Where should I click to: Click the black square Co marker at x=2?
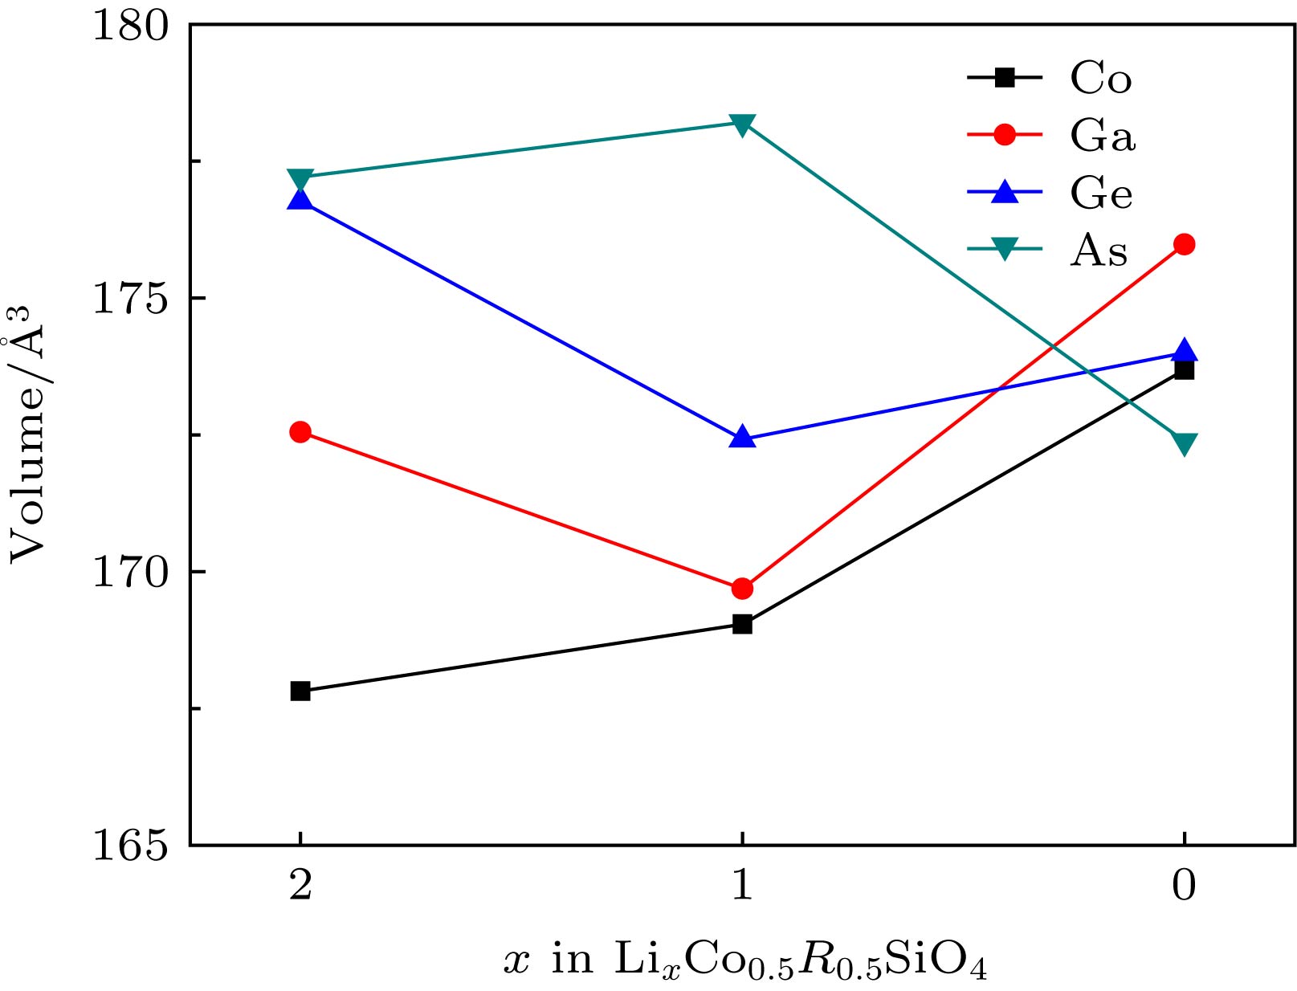(x=300, y=691)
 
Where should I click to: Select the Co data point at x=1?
(x=742, y=624)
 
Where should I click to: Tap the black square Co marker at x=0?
(x=1184, y=369)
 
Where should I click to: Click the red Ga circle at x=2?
(x=300, y=432)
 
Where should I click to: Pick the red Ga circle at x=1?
(x=742, y=589)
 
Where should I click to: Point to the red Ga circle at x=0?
(x=1184, y=244)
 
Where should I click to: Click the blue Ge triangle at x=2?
(x=300, y=199)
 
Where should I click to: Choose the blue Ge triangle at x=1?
(x=742, y=438)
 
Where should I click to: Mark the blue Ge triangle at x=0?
(x=1184, y=351)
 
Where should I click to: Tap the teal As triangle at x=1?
(x=742, y=124)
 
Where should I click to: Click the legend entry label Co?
(x=1100, y=79)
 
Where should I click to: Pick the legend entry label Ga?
(x=1102, y=136)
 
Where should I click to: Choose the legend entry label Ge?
(x=1100, y=194)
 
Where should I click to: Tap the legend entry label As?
(x=1098, y=251)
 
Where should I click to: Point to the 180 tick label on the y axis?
(x=131, y=26)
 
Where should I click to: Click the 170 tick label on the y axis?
(x=131, y=573)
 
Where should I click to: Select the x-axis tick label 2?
(x=300, y=886)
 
